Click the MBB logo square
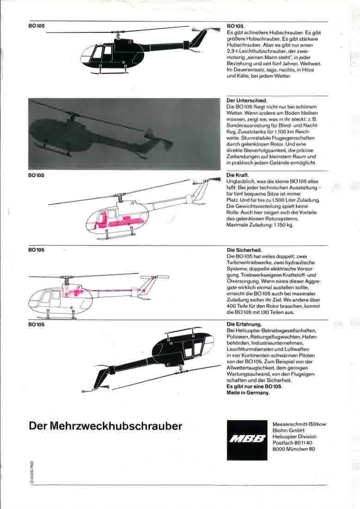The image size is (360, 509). [x=247, y=440]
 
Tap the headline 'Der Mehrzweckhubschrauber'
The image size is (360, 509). [x=106, y=426]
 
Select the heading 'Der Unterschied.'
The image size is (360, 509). [x=247, y=100]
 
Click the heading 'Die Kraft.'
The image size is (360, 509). [x=238, y=175]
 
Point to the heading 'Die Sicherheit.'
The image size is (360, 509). [x=244, y=250]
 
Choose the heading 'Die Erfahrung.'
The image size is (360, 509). [x=244, y=324]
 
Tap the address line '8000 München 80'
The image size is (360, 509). [x=294, y=449]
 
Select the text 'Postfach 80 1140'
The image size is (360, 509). [x=292, y=443]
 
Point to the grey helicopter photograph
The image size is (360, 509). [x=124, y=134]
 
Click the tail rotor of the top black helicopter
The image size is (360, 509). [x=205, y=30]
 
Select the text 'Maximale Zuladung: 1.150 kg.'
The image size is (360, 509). [x=260, y=225]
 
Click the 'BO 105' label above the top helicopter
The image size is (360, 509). [x=37, y=26]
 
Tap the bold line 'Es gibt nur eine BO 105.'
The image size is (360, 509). [x=254, y=387]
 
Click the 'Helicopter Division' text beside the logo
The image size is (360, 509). [x=295, y=437]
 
